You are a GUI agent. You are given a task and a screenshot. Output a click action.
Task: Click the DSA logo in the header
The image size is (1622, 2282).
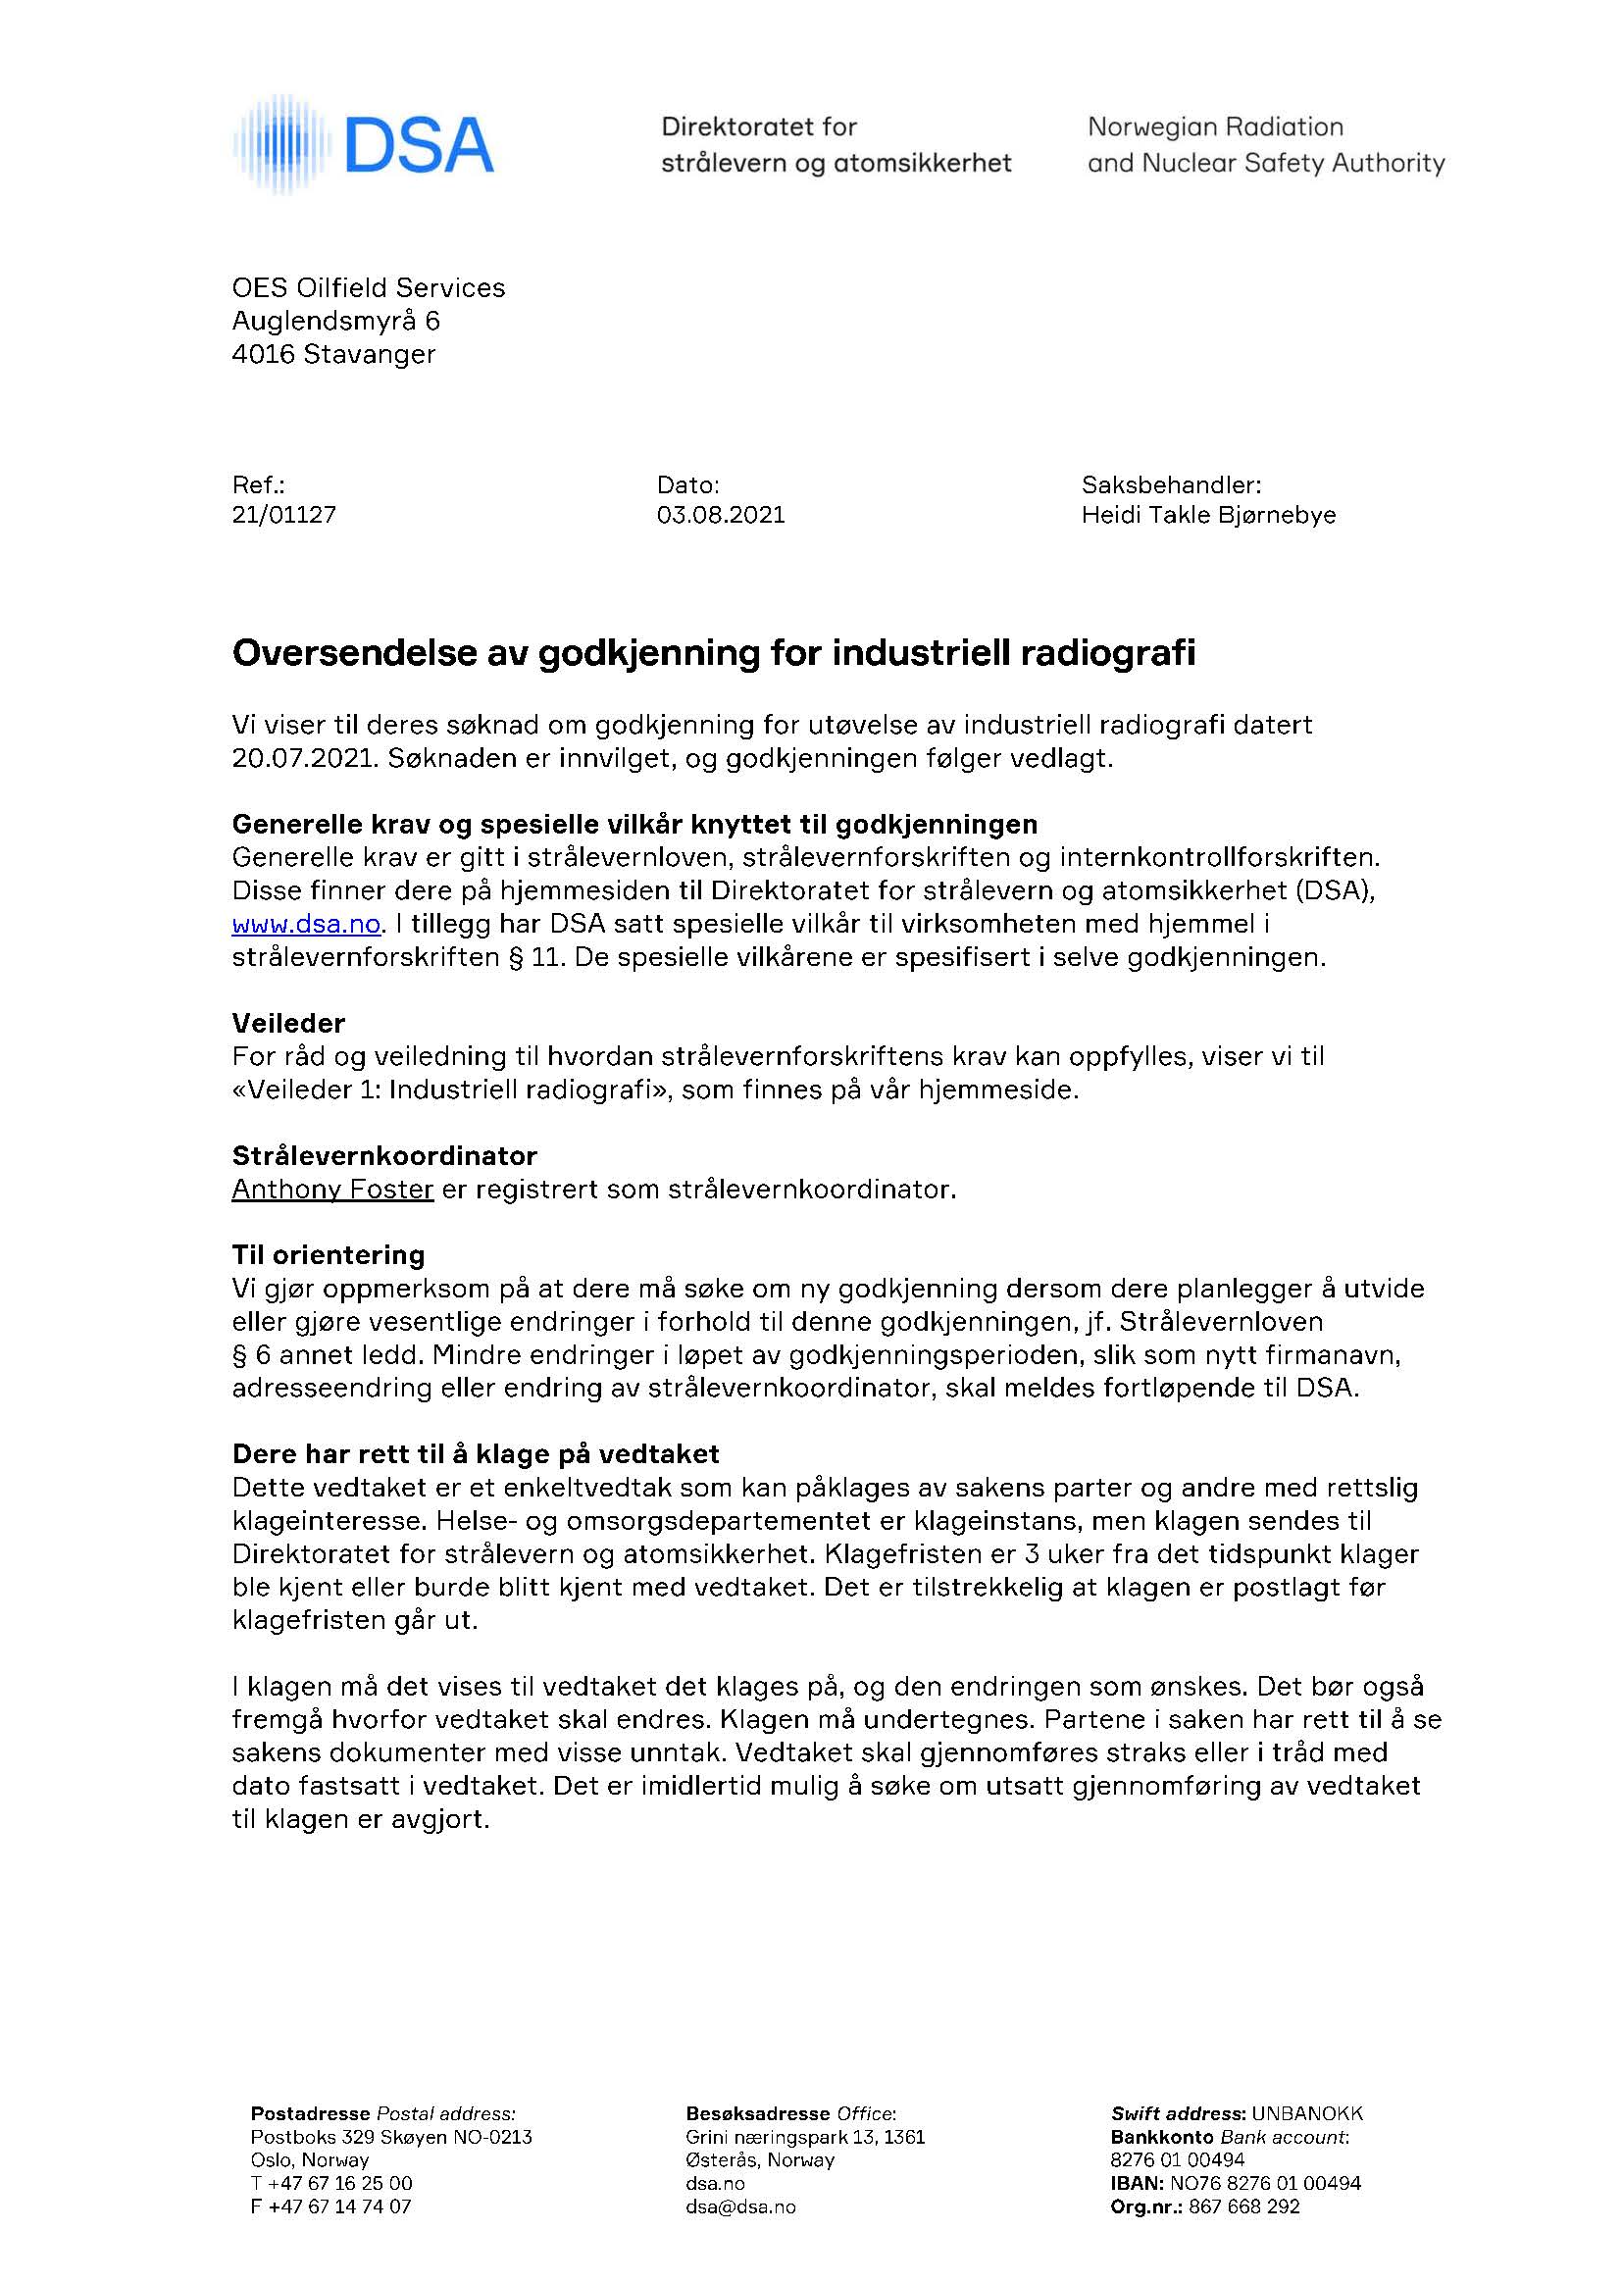[x=365, y=146]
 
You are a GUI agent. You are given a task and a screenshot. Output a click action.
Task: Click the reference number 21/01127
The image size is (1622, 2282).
[x=283, y=515]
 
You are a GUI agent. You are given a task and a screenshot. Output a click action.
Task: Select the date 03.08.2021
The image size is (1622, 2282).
[x=720, y=515]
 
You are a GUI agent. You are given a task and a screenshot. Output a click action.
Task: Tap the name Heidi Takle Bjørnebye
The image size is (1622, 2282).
[x=1207, y=515]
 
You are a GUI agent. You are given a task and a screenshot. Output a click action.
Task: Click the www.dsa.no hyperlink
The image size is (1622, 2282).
[x=306, y=925]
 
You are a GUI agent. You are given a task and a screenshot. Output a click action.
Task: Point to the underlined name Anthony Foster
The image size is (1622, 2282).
[x=332, y=1190]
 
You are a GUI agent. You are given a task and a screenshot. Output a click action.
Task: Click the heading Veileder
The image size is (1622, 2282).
[x=288, y=1024]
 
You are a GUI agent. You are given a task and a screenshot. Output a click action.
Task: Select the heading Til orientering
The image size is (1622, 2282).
[x=329, y=1255]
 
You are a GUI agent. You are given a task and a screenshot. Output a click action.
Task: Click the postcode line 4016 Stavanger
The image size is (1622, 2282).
[x=333, y=355]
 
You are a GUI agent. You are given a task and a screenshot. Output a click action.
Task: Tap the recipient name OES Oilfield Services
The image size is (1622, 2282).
[x=369, y=288]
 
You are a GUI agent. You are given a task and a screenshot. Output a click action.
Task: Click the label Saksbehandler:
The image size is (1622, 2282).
[x=1171, y=485]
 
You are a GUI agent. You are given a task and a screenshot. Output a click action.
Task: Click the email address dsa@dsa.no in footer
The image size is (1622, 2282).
[x=740, y=2207]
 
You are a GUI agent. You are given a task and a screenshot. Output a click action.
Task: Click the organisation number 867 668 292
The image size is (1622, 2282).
[x=1244, y=2207]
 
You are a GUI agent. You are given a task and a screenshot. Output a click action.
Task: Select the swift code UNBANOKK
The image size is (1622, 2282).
[x=1306, y=2114]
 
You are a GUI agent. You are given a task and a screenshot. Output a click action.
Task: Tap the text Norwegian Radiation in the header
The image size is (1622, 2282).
[x=1214, y=127]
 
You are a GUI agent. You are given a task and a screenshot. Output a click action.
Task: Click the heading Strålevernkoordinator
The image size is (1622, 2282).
[x=384, y=1156]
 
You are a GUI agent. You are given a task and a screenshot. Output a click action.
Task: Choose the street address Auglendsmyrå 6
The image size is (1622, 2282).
[x=335, y=322]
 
